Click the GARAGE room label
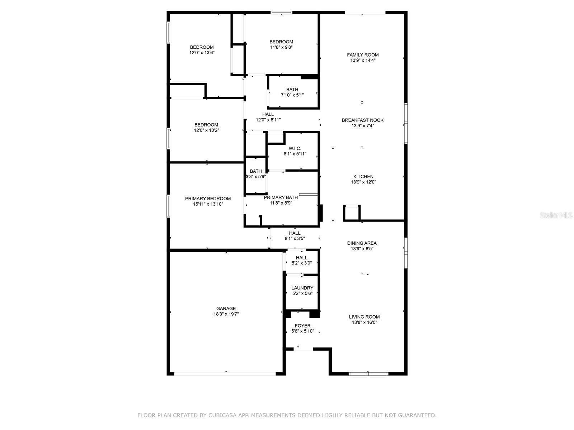226,308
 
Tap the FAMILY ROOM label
363,55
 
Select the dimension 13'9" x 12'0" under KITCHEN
363,182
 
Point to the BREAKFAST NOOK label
362,120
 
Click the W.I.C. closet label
295,148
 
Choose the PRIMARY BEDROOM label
208,199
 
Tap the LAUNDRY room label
302,288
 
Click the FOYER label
302,326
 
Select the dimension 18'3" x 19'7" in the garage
226,314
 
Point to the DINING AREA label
362,243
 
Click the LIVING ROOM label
364,317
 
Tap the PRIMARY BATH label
281,197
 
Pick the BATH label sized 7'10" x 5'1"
292,90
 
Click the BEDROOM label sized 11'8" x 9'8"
281,42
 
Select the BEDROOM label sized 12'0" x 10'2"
206,125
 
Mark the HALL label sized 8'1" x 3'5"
295,233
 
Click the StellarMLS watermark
556,215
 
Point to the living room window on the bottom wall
368,374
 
